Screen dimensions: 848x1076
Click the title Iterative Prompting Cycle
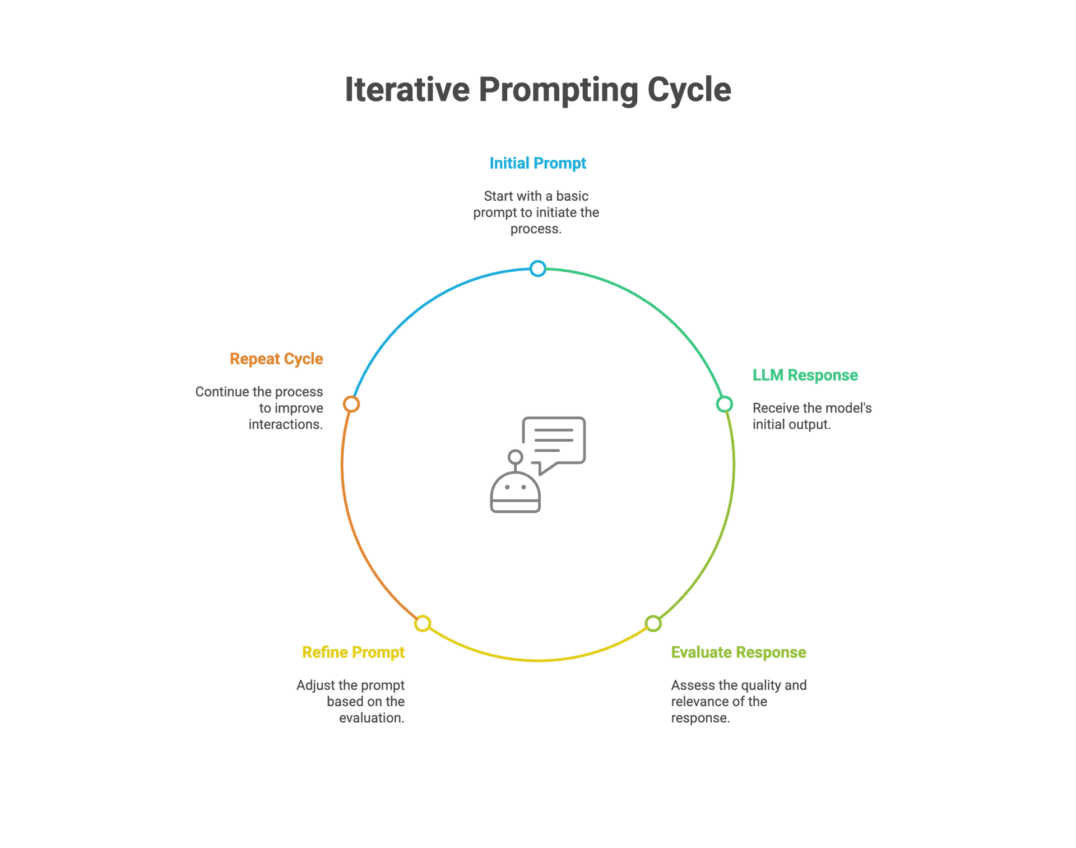(537, 90)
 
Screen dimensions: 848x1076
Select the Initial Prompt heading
(537, 163)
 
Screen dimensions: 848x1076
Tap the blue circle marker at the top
(538, 268)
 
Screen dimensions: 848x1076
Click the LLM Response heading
(805, 375)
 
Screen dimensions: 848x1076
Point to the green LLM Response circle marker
(725, 404)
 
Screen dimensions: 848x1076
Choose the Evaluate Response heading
(739, 652)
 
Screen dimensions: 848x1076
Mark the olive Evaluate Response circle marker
(653, 623)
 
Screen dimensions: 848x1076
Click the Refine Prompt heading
(353, 652)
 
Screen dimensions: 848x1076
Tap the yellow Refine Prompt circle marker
(423, 623)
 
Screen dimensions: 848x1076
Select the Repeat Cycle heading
(276, 359)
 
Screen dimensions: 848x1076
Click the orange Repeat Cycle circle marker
(351, 404)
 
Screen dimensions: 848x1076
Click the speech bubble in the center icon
(554, 441)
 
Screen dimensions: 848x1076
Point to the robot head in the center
(516, 492)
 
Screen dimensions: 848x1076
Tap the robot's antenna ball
(515, 457)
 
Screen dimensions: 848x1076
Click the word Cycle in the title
(689, 90)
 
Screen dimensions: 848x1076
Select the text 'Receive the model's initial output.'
(811, 416)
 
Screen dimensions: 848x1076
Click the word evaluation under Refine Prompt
(371, 718)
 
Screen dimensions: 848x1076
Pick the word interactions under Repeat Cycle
(286, 425)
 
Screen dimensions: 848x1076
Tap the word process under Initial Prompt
(535, 229)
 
